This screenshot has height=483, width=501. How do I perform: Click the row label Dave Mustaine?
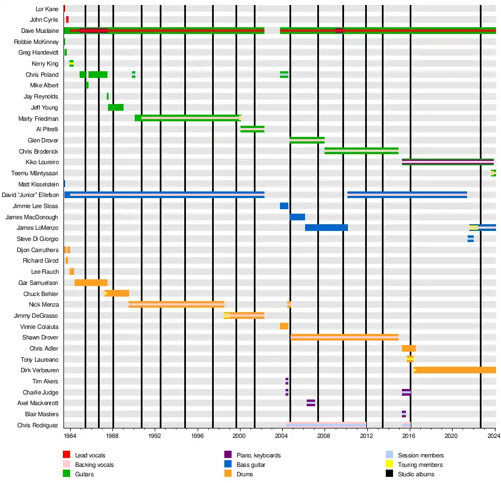click(40, 31)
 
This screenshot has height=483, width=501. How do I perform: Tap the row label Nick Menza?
click(43, 305)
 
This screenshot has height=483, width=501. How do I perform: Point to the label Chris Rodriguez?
click(37, 426)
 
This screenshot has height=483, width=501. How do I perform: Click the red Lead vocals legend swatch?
click(67, 456)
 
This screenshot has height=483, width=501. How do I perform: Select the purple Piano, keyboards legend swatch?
click(228, 456)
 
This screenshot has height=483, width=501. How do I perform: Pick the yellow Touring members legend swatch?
click(389, 465)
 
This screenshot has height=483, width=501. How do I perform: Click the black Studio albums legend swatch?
click(389, 474)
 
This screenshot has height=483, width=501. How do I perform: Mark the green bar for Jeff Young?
click(116, 107)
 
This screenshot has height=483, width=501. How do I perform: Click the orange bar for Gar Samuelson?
click(91, 283)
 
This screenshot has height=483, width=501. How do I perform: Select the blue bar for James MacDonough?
click(297, 217)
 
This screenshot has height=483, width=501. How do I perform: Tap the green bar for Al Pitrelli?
click(252, 129)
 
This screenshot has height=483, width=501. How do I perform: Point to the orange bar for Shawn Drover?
click(345, 337)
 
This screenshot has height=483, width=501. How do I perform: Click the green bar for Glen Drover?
click(307, 140)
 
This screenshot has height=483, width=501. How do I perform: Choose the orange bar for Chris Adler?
click(409, 348)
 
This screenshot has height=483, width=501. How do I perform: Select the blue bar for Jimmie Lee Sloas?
click(284, 206)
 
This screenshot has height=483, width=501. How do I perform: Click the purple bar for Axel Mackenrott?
click(311, 403)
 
